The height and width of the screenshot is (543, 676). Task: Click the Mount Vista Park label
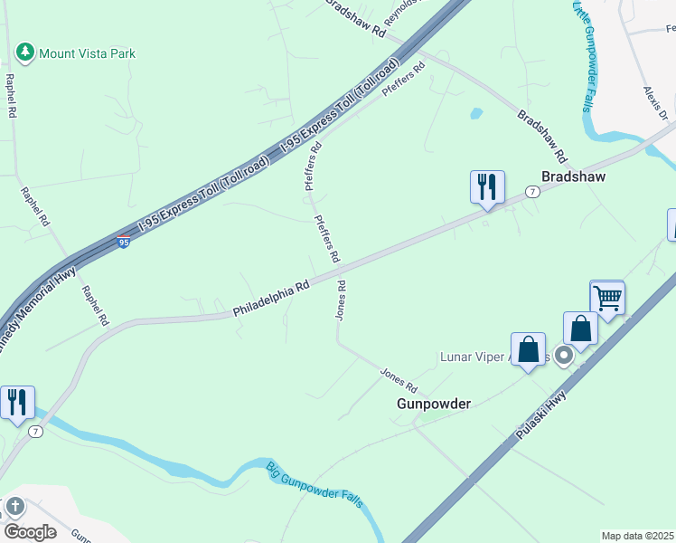(x=87, y=53)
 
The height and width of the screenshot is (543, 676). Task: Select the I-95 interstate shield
(x=123, y=242)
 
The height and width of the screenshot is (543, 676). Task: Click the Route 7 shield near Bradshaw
(x=533, y=192)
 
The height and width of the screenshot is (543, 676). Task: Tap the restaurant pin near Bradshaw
(x=487, y=187)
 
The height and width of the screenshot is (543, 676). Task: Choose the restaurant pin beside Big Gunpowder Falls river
(x=17, y=403)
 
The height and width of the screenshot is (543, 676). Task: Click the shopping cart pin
(x=607, y=297)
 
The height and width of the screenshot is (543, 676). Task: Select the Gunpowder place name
(x=434, y=404)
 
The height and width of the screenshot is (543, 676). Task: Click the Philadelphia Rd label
(x=271, y=298)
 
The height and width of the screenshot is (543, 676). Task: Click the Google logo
(x=30, y=531)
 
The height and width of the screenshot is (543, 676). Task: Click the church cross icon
(x=15, y=507)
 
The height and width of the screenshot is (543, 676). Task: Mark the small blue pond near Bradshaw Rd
(x=475, y=114)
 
